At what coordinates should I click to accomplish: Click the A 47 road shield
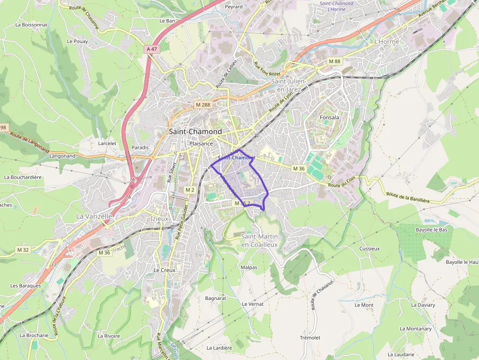(152, 49)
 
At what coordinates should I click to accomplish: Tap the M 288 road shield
(202, 105)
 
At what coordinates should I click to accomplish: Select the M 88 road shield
(334, 61)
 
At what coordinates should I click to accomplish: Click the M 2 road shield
(190, 190)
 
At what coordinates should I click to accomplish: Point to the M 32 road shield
(23, 250)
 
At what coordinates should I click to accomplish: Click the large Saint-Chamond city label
(195, 132)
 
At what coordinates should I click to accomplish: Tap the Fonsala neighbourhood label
(329, 118)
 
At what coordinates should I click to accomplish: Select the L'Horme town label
(387, 42)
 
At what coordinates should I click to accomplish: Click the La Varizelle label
(94, 216)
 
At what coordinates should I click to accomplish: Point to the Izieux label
(159, 219)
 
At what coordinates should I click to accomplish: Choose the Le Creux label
(164, 270)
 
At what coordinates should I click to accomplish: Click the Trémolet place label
(310, 338)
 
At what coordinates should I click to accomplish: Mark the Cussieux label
(370, 249)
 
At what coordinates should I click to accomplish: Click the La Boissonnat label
(32, 24)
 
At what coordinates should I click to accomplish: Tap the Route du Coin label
(341, 185)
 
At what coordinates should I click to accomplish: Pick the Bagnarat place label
(216, 298)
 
